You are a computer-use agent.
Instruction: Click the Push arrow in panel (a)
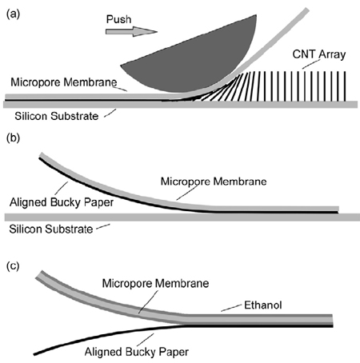(131, 31)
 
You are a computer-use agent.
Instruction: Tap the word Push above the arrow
(118, 19)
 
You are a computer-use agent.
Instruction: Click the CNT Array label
(319, 54)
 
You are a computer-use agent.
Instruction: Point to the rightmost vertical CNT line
(346, 86)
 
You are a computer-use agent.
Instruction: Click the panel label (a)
(13, 14)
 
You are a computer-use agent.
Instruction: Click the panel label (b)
(13, 138)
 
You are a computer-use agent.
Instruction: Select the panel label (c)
(13, 266)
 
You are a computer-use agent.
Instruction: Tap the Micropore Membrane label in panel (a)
(64, 82)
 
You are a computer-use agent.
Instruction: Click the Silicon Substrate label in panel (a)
(57, 116)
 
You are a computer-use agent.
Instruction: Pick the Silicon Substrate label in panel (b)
(51, 229)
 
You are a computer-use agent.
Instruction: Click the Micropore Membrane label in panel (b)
(214, 181)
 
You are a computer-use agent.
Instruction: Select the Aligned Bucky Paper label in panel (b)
(62, 202)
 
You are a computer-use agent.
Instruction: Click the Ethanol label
(263, 305)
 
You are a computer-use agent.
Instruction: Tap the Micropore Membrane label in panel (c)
(155, 283)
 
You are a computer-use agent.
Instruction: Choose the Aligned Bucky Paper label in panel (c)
(137, 352)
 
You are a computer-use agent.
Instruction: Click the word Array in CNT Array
(332, 54)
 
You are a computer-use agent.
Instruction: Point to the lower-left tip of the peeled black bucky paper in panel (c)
(34, 354)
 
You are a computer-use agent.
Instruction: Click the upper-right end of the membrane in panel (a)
(307, 10)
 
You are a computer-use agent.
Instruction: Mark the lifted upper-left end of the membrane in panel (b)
(41, 155)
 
